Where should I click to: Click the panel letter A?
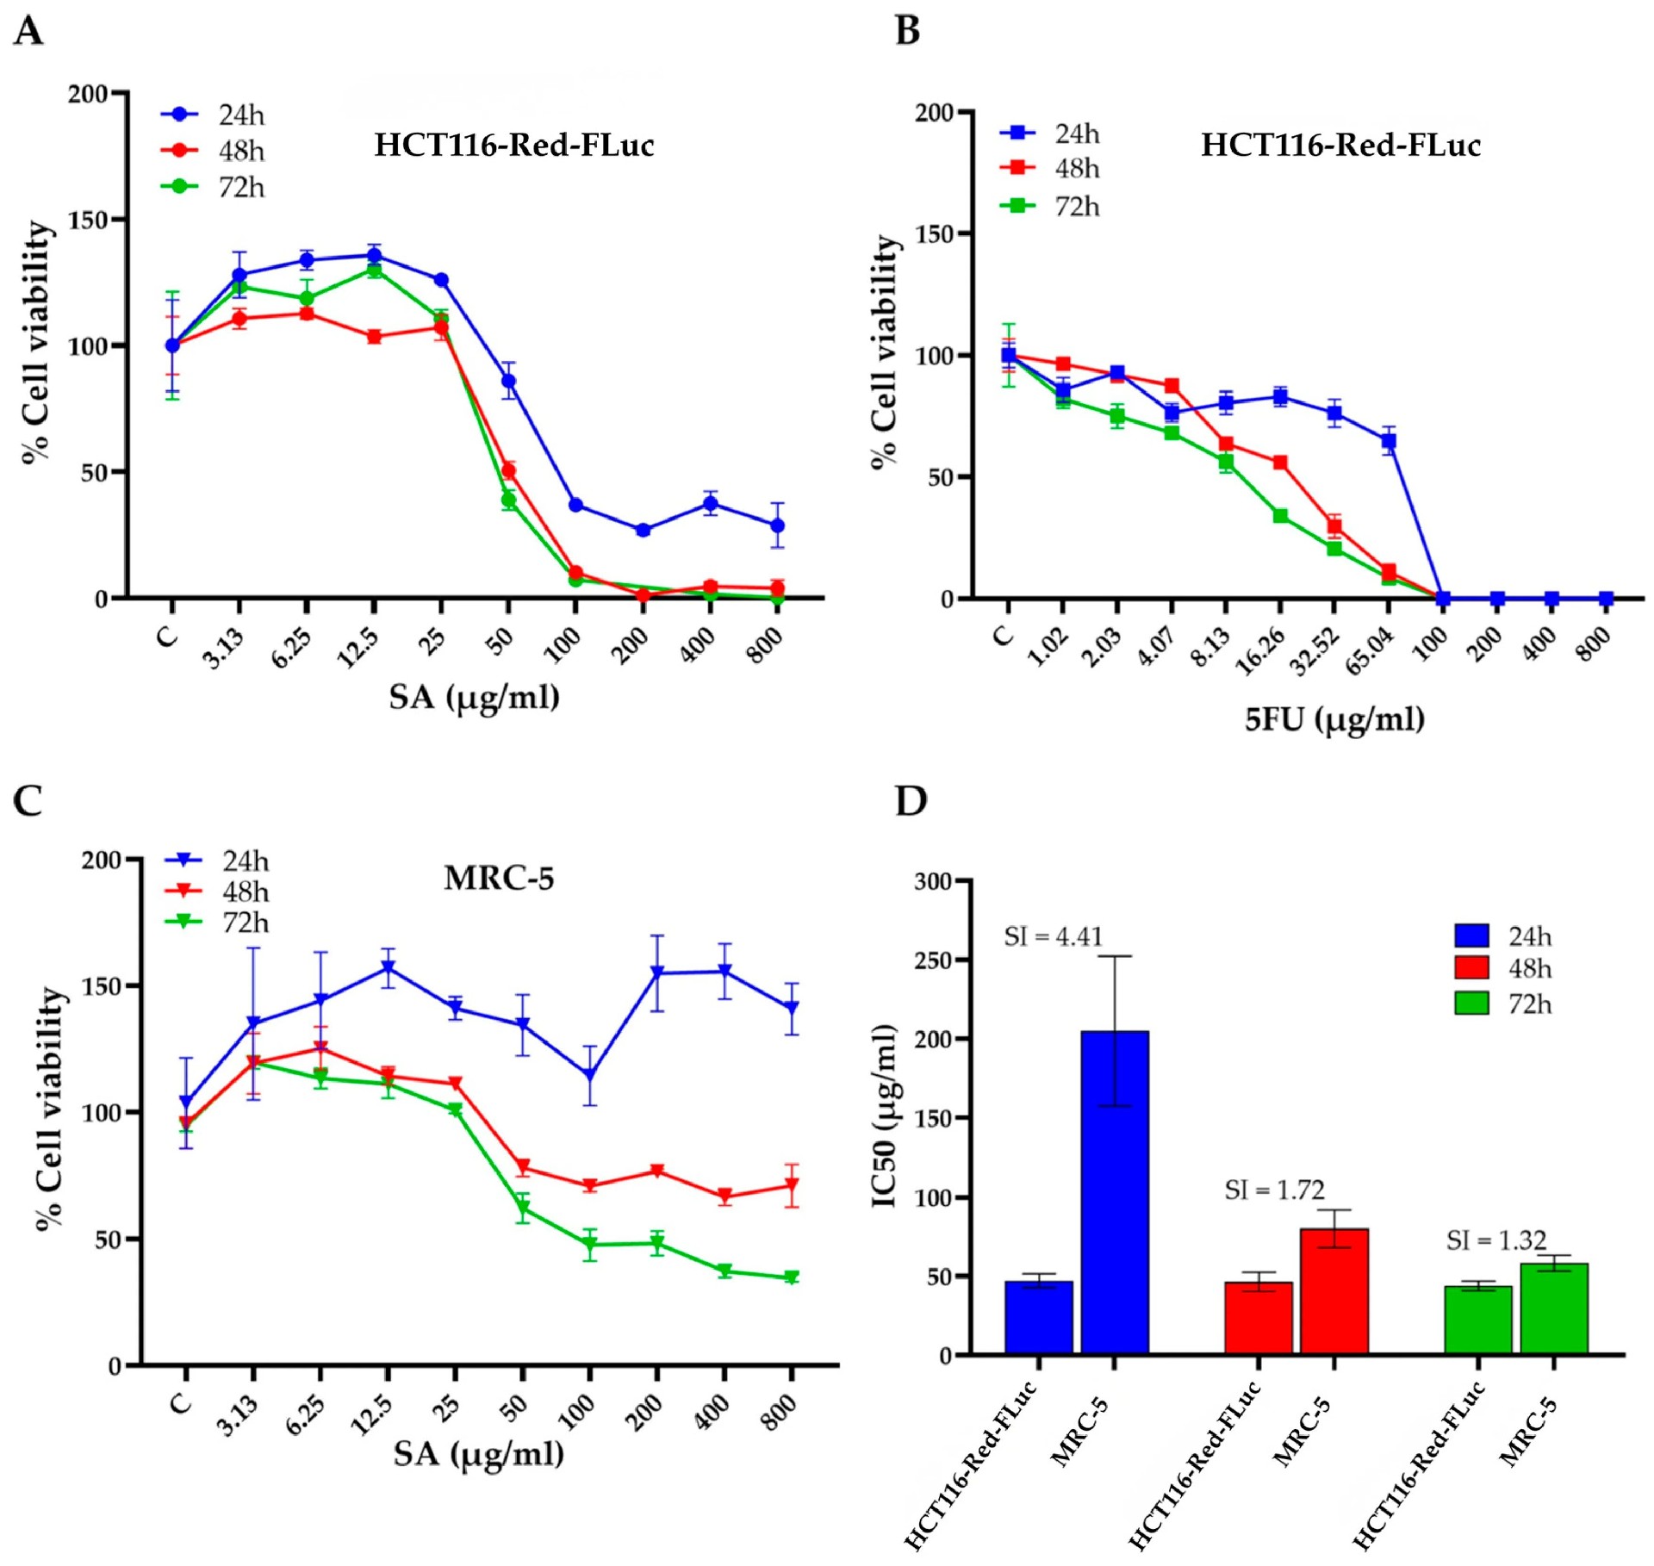pos(28,31)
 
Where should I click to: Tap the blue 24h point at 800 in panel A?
pos(777,525)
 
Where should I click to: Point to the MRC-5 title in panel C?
pos(499,879)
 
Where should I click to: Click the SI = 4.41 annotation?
pos(1053,936)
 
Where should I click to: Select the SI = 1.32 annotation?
pos(1496,1240)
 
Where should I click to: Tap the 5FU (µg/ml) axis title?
pos(1334,718)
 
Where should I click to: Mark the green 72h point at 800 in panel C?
pos(791,1278)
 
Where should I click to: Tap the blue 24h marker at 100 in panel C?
pos(589,1077)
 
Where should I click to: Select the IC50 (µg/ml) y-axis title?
pos(885,1115)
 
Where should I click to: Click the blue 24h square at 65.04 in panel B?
pos(1389,441)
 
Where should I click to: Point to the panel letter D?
pos(911,801)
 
